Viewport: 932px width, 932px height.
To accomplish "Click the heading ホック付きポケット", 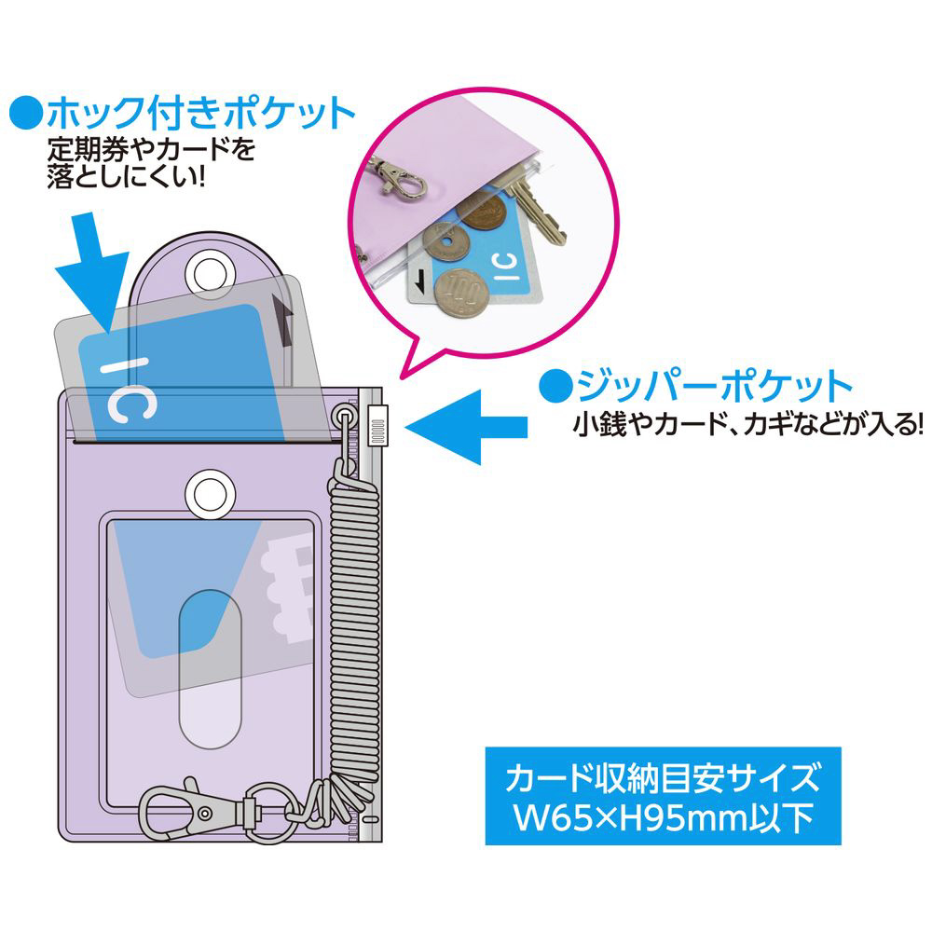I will (200, 115).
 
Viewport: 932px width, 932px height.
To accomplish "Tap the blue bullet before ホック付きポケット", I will (26, 115).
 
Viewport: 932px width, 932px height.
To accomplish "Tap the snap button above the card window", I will (211, 488).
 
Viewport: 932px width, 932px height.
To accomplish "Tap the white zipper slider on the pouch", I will (377, 426).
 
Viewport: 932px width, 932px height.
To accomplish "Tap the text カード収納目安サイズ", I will (663, 775).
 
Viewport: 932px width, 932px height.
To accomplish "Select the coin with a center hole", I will (445, 244).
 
